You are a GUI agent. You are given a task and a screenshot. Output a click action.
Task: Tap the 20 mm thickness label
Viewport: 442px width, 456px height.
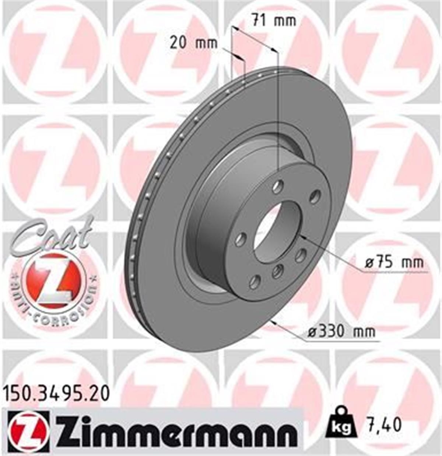pos(194,43)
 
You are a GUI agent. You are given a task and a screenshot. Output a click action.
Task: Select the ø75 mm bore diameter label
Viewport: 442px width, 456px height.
pos(394,263)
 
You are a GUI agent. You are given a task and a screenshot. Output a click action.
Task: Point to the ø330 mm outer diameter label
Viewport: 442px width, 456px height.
pos(341,331)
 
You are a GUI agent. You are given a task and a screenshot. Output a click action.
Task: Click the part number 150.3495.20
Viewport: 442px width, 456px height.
pos(56,394)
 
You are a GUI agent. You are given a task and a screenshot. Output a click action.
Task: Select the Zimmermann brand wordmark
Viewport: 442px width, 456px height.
pos(176,431)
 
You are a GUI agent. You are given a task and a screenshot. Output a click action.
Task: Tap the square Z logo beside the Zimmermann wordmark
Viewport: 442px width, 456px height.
pos(28,431)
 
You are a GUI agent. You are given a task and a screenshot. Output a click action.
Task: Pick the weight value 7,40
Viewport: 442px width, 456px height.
pos(383,425)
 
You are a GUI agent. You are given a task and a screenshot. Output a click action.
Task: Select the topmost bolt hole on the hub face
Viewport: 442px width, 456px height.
pos(277,186)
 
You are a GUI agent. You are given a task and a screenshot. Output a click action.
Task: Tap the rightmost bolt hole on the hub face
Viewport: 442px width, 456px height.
pos(315,196)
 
